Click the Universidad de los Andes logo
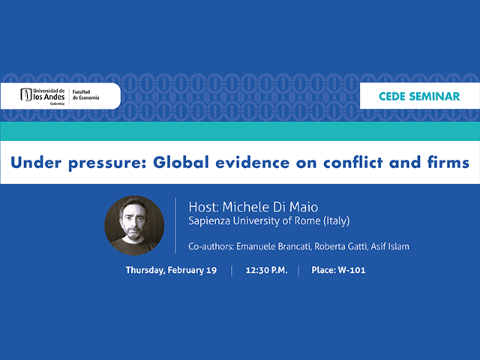(43, 95)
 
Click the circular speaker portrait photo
(134, 225)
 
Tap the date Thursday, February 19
(171, 270)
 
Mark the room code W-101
(352, 270)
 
